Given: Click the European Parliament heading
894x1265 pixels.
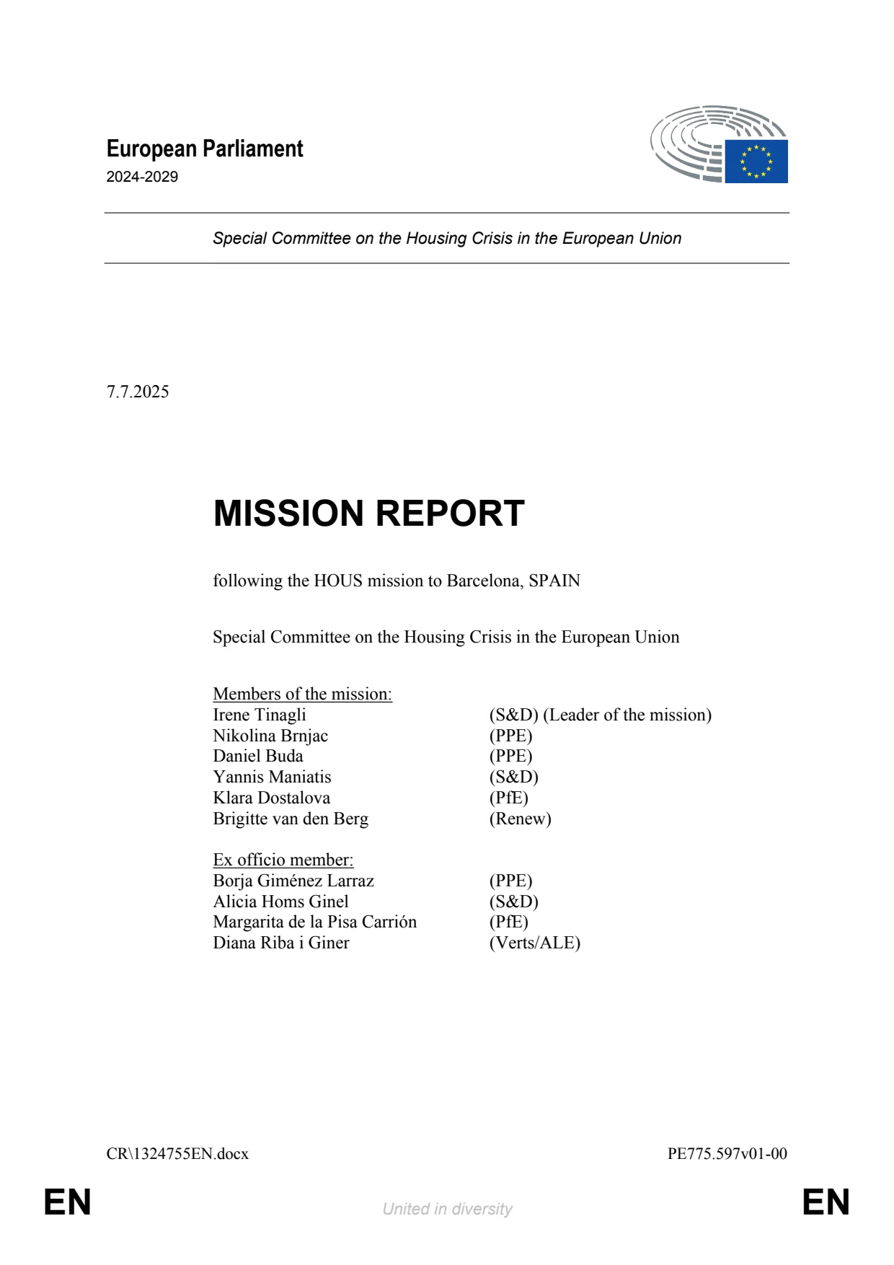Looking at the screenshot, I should click(x=205, y=149).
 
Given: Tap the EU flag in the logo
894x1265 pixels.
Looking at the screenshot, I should click(x=756, y=162).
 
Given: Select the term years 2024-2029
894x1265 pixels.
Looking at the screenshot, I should click(x=142, y=177).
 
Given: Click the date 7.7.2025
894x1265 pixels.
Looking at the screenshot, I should click(x=138, y=392).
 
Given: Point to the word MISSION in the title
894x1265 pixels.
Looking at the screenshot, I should click(x=288, y=514).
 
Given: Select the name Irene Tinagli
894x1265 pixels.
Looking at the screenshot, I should click(x=260, y=715).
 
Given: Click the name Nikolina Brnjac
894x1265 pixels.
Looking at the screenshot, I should click(x=270, y=736).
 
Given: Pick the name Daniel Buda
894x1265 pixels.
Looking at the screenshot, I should click(x=258, y=756).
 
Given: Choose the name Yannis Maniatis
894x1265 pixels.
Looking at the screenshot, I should click(x=272, y=777).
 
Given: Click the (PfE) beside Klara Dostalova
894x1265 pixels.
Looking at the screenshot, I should click(x=509, y=798).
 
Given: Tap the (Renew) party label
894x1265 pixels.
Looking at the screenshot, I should click(x=520, y=819).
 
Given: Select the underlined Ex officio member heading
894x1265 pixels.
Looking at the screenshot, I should click(x=283, y=860).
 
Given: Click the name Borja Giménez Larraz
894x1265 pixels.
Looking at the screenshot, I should click(x=293, y=881).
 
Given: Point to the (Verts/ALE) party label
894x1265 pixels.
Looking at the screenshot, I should click(x=535, y=943).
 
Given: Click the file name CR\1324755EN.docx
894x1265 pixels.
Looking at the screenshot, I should click(x=177, y=1154).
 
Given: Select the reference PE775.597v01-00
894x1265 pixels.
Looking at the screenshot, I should click(x=727, y=1154).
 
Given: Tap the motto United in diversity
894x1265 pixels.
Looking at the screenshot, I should click(x=447, y=1209).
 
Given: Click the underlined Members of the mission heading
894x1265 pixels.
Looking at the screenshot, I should click(x=302, y=694).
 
